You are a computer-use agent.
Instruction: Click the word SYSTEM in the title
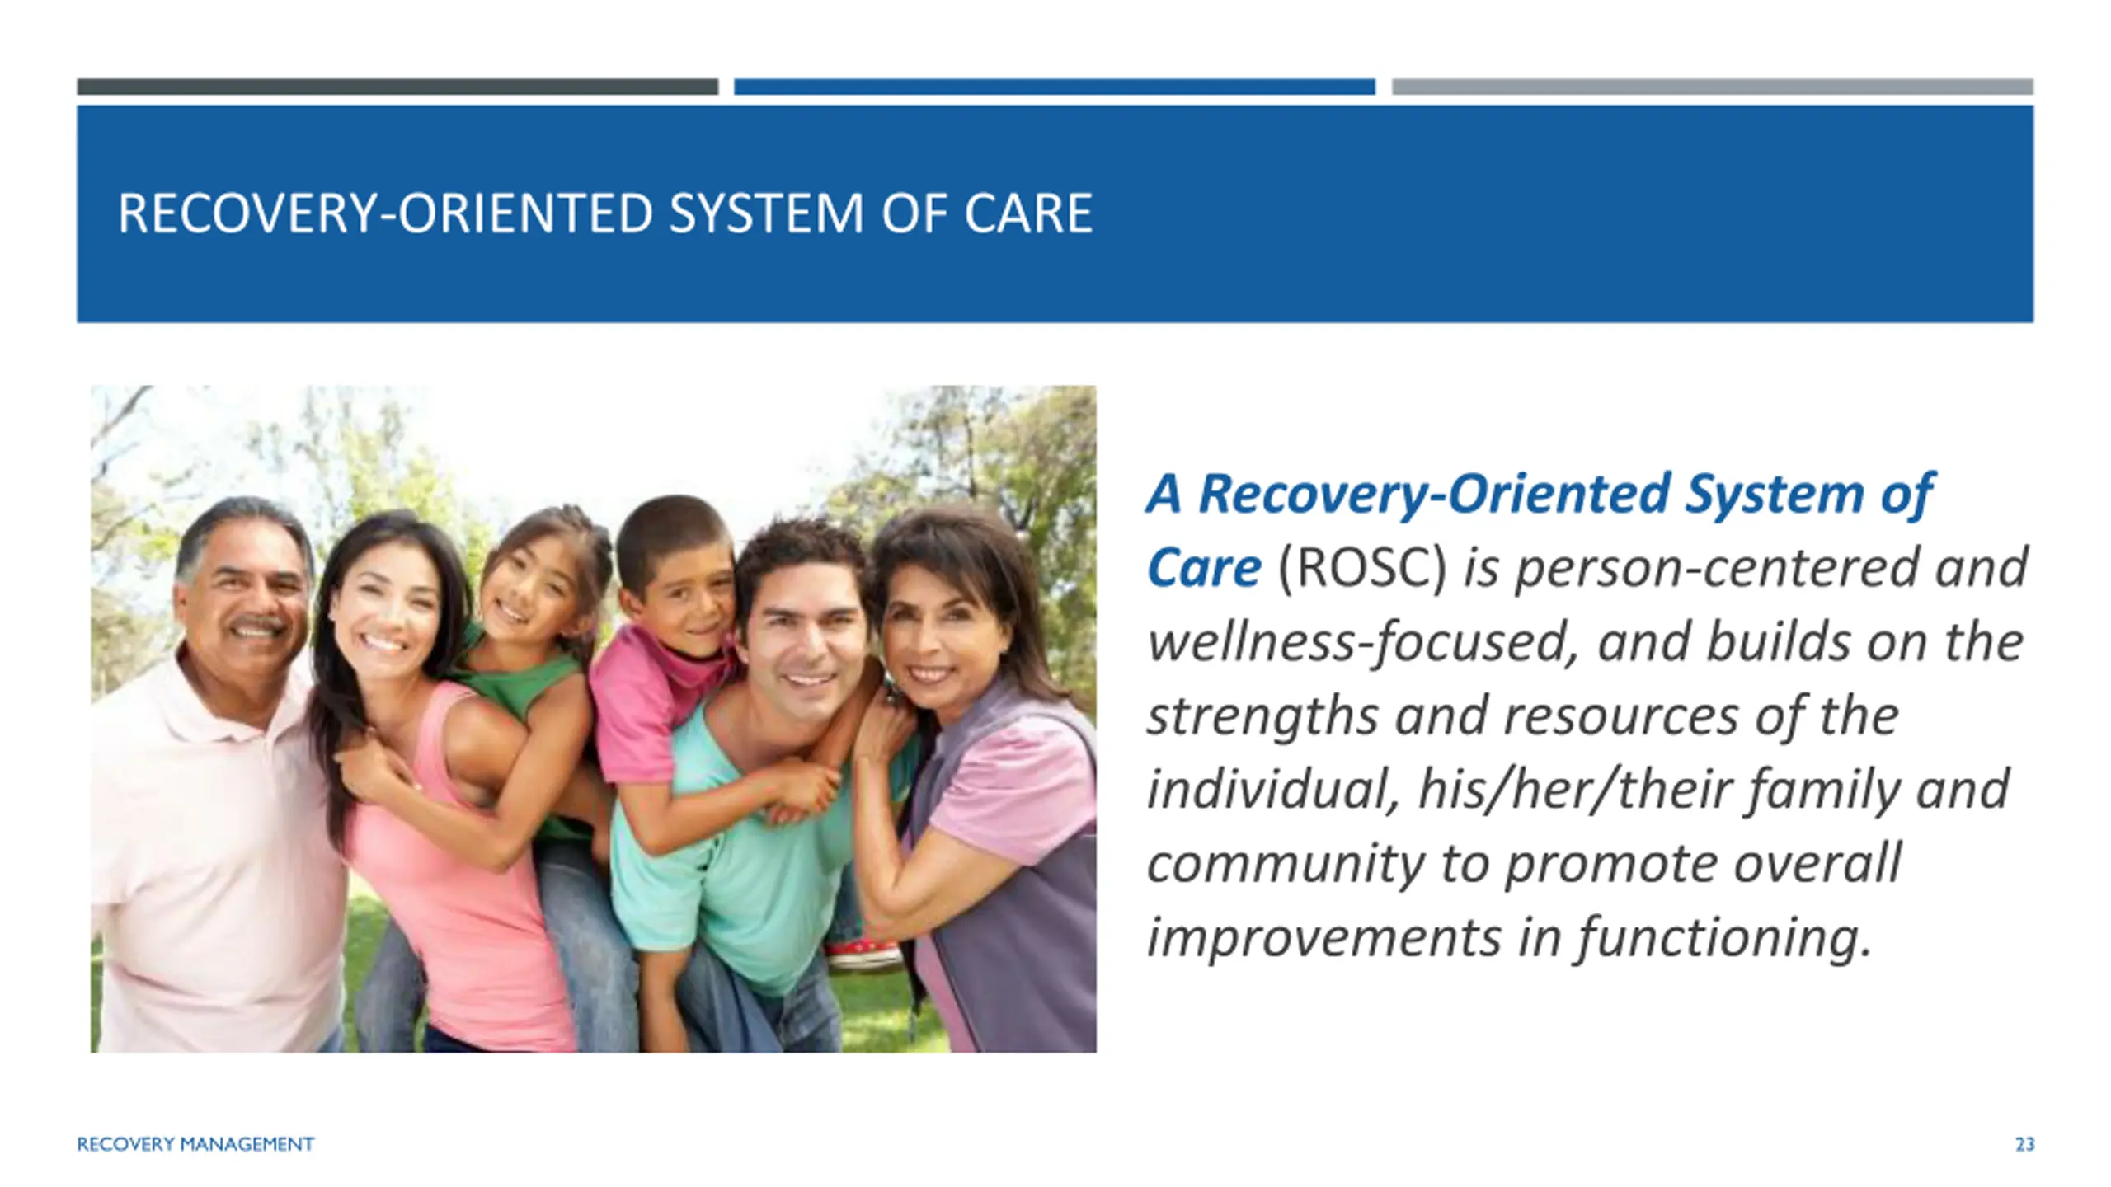767,213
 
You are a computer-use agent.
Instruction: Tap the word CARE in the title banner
1028,213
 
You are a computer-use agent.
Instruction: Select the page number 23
2024,1144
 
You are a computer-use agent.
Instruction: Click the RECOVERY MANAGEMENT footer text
195,1144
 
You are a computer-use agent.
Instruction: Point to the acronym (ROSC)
1361,567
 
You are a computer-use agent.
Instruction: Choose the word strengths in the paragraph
1262,716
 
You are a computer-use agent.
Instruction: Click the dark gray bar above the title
397,87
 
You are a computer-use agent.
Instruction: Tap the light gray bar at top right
1713,87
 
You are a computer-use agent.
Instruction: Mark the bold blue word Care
1204,568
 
